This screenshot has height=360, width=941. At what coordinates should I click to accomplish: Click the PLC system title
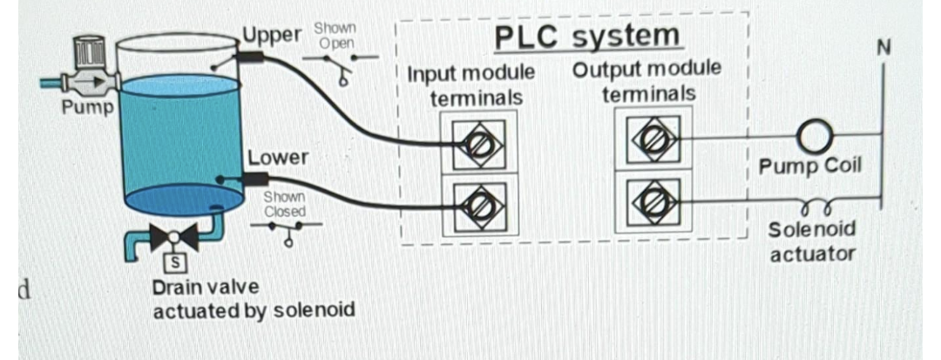click(x=587, y=37)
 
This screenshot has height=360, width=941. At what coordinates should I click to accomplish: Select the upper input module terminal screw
click(x=477, y=140)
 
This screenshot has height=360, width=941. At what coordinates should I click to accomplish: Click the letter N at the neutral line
click(x=883, y=47)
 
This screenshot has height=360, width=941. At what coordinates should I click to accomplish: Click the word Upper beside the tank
click(x=271, y=35)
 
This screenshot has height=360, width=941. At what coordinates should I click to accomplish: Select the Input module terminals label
click(x=471, y=84)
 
